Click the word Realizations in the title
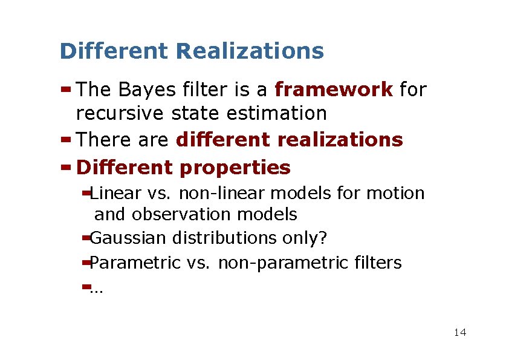[250, 51]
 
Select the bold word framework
[334, 90]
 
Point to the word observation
[180, 214]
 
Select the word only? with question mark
[305, 238]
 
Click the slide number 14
[459, 332]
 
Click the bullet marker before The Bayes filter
[66, 90]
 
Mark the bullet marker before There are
[66, 139]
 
